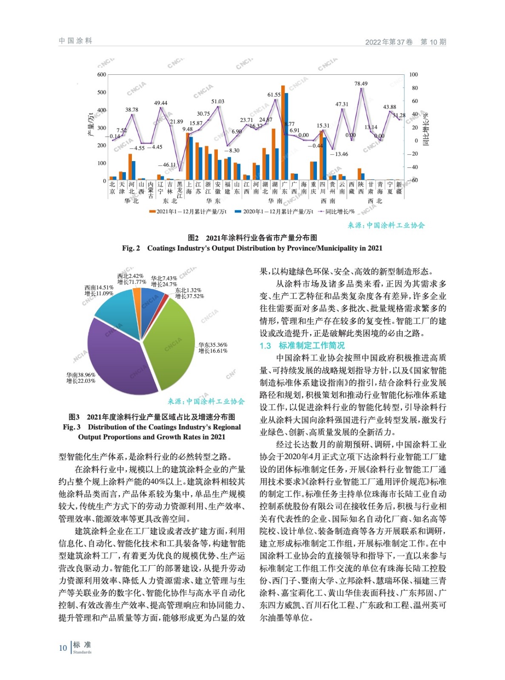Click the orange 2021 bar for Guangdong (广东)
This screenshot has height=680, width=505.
pos(283,136)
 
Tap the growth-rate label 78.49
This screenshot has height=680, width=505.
pos(361,84)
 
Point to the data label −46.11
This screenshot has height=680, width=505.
pos(166,165)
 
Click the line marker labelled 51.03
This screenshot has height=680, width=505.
pos(218,107)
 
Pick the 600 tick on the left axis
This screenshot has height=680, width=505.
pos(102,75)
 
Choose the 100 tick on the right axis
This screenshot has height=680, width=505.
pos(414,75)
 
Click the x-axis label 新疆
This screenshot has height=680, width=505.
pos(399,188)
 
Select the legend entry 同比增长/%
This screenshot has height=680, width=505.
pos(340,212)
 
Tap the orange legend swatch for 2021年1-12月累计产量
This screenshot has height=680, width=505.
pos(152,212)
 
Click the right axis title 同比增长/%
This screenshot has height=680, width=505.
pos(425,129)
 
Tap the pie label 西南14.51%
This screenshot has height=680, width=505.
pos(99,288)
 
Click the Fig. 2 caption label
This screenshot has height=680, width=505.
pos(131,248)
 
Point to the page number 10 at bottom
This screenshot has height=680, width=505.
pos(63,648)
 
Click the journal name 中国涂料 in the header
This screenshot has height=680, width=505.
pos(75,41)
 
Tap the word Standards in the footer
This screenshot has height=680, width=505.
pos(82,652)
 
